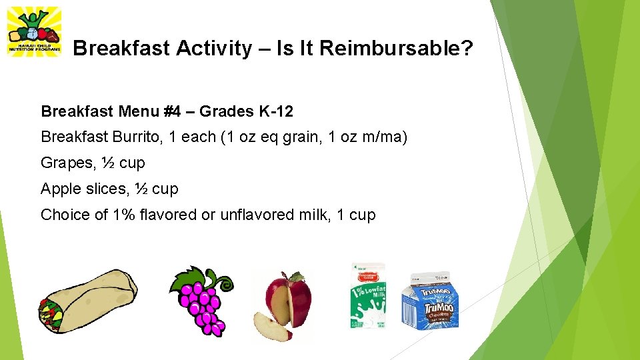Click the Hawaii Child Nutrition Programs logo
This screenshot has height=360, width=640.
pos(33,31)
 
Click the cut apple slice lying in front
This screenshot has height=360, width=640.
pos(270,327)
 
